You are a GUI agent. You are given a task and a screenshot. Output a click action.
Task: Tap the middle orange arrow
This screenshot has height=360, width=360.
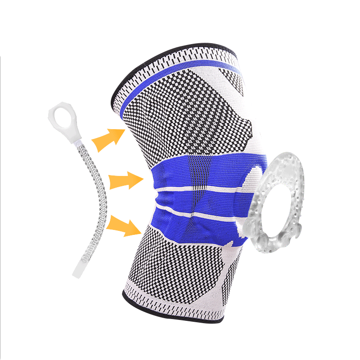pyautogui.click(x=126, y=181)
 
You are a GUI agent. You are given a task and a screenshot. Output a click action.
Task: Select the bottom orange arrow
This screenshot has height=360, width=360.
pyautogui.click(x=126, y=225)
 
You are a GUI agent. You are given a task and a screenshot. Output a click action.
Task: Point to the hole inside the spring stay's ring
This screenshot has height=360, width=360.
pyautogui.click(x=61, y=118)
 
